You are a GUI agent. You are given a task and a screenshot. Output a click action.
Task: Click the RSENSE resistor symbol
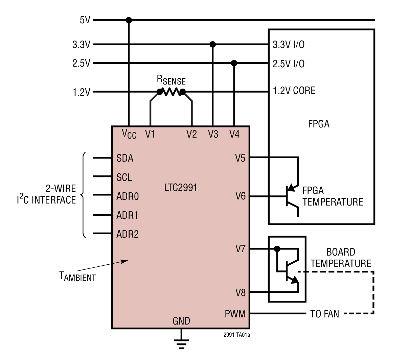click(x=171, y=92)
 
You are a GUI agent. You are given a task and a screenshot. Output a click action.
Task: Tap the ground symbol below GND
click(x=181, y=344)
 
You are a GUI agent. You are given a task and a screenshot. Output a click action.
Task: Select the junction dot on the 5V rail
click(x=129, y=20)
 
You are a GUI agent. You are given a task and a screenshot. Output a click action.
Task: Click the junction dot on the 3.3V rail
click(x=212, y=44)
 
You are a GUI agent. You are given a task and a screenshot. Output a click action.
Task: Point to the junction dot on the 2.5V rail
click(x=234, y=63)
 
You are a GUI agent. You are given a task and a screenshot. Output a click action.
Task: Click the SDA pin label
click(x=124, y=158)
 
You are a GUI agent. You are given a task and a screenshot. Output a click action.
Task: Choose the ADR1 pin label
click(x=127, y=215)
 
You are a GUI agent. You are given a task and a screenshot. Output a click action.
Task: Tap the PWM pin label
click(x=235, y=314)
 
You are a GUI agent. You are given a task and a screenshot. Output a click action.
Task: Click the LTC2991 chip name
click(x=180, y=188)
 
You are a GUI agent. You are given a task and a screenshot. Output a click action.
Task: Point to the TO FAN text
click(x=324, y=314)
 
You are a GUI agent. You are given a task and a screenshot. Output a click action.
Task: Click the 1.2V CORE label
click(x=294, y=91)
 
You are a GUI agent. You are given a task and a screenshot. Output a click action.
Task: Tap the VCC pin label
click(x=129, y=134)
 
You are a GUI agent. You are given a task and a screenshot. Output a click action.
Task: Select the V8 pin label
click(x=240, y=292)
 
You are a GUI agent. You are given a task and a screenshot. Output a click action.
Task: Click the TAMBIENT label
click(x=77, y=277)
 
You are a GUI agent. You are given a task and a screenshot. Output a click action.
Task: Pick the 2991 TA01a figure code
click(x=236, y=335)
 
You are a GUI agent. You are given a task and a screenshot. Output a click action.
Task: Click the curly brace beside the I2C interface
click(x=83, y=195)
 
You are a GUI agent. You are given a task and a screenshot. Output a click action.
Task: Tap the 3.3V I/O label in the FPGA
click(x=288, y=45)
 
